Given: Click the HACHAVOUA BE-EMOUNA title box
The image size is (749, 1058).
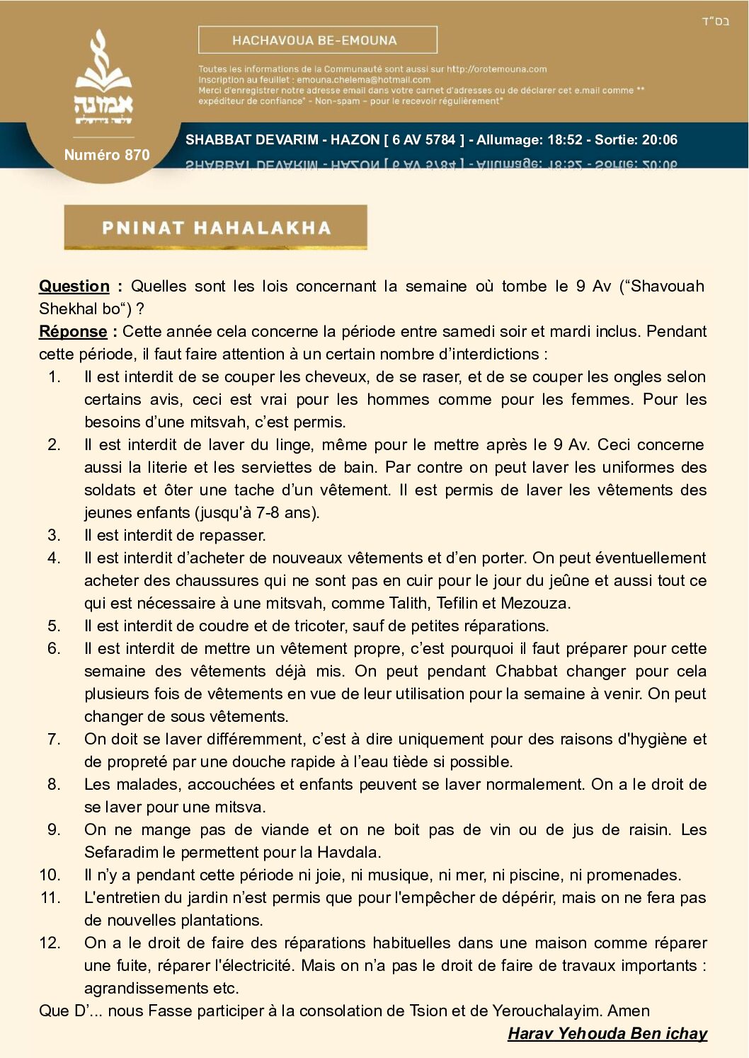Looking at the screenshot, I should (317, 40).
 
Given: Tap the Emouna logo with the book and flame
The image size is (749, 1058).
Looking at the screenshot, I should (103, 78).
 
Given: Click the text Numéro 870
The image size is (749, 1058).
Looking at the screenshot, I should (107, 154).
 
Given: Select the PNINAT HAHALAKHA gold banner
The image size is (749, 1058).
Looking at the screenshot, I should (215, 227).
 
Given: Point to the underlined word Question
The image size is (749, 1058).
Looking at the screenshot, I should (74, 286).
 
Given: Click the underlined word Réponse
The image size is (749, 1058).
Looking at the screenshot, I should (73, 331).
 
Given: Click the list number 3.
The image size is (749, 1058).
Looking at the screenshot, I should (54, 535).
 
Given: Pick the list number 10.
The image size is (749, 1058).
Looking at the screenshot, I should (50, 875).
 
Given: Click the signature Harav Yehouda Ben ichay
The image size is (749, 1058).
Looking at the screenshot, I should (607, 1033).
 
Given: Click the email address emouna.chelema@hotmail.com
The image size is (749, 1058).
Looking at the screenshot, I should (363, 80).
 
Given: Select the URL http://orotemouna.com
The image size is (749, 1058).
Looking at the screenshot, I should (496, 69).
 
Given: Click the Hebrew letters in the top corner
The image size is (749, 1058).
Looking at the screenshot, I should (715, 21).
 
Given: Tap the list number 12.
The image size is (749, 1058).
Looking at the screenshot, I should (50, 943).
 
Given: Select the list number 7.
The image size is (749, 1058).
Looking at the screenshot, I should (54, 739).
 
